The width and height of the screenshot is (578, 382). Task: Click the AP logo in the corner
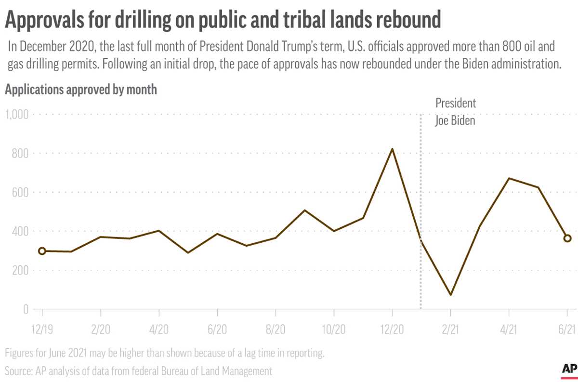click(568, 369)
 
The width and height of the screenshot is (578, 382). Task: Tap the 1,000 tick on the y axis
click(16, 114)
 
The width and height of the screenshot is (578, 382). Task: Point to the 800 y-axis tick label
click(19, 153)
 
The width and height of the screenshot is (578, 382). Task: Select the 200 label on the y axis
click(19, 270)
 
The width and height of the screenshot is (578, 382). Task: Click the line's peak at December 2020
click(392, 149)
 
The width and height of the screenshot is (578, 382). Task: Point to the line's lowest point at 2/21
click(450, 294)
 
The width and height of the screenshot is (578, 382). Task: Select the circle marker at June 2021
click(567, 238)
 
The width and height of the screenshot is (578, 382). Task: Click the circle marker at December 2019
click(42, 251)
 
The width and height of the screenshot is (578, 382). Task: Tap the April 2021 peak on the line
click(509, 178)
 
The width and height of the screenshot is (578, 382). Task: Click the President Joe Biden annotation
click(455, 112)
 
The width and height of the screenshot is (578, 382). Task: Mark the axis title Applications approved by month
click(81, 90)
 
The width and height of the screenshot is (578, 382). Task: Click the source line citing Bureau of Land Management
click(139, 371)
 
